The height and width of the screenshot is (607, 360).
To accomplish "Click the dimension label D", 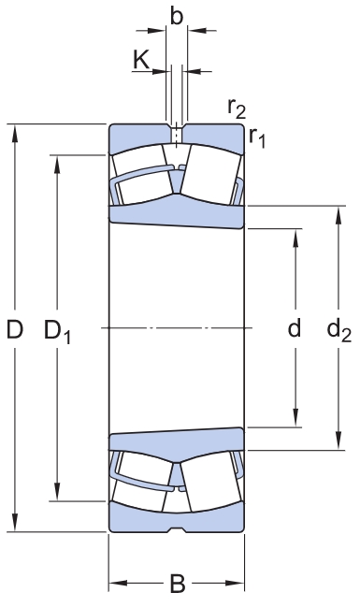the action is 15,329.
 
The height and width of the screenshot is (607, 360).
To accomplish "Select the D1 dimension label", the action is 57,331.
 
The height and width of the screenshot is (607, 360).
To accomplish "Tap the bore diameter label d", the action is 295,328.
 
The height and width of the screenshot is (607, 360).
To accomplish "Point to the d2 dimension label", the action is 338,330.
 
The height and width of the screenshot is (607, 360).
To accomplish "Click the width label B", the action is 178,584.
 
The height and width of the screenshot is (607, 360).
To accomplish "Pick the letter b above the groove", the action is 177,16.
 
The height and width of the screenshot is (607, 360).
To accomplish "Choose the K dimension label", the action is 141,60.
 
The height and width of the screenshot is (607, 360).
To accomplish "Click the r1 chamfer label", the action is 257,137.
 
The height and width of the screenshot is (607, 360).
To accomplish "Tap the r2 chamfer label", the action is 237,108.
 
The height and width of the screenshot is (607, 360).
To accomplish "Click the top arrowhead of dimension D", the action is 15,133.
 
